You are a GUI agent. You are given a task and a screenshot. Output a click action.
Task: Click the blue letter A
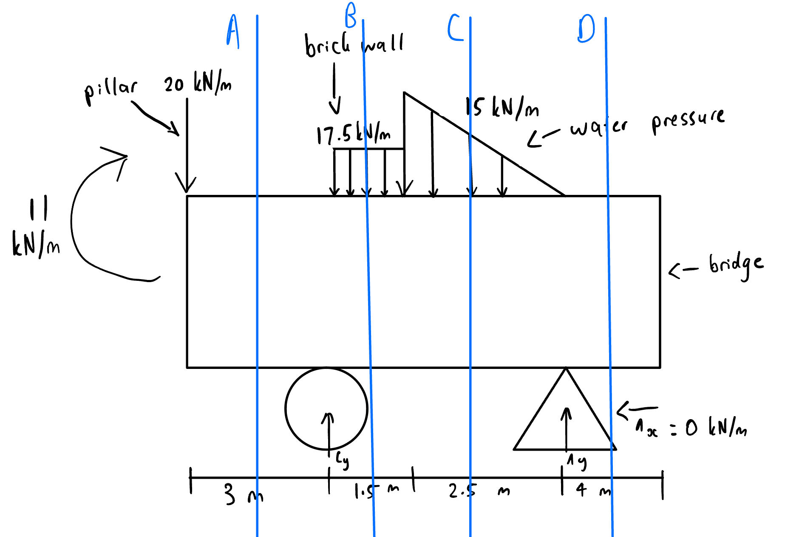(x=233, y=32)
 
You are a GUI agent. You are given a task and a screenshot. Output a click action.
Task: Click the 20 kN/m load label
(x=198, y=83)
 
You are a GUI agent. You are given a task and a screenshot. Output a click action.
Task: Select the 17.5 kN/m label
(x=353, y=134)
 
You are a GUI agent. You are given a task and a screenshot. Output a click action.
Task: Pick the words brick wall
(x=354, y=45)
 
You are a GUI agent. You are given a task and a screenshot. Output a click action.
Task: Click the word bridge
(x=736, y=265)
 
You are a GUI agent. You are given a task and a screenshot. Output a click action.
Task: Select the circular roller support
(x=326, y=408)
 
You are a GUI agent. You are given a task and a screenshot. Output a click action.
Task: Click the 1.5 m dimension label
(x=376, y=491)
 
